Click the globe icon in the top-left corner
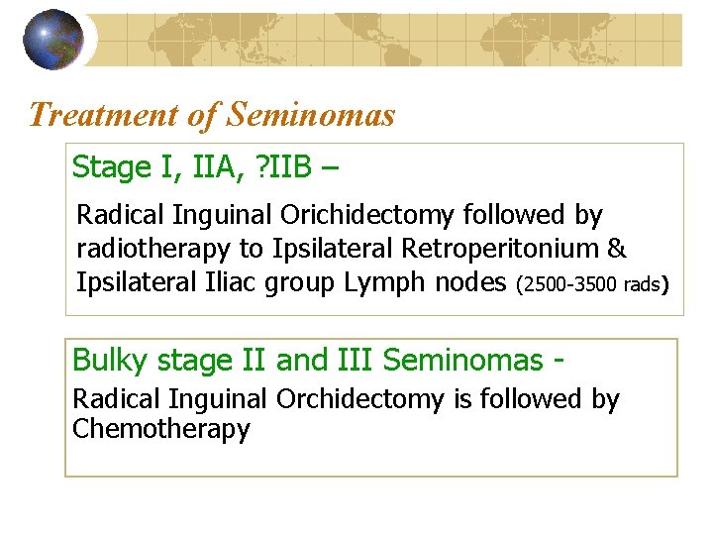52,40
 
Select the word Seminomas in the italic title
311,116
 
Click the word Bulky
105,360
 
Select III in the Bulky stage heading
355,360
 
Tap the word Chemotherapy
161,429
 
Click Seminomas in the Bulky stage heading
462,360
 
